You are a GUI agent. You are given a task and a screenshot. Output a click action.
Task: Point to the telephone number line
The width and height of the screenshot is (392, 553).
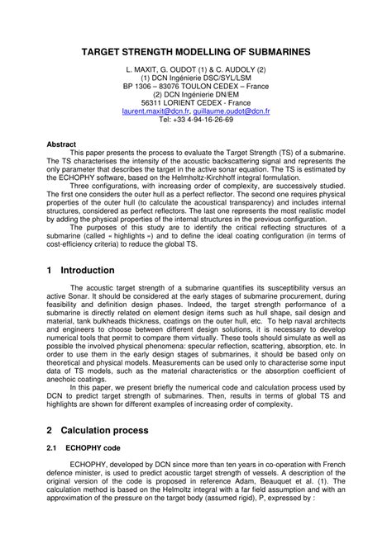point(196,119)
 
